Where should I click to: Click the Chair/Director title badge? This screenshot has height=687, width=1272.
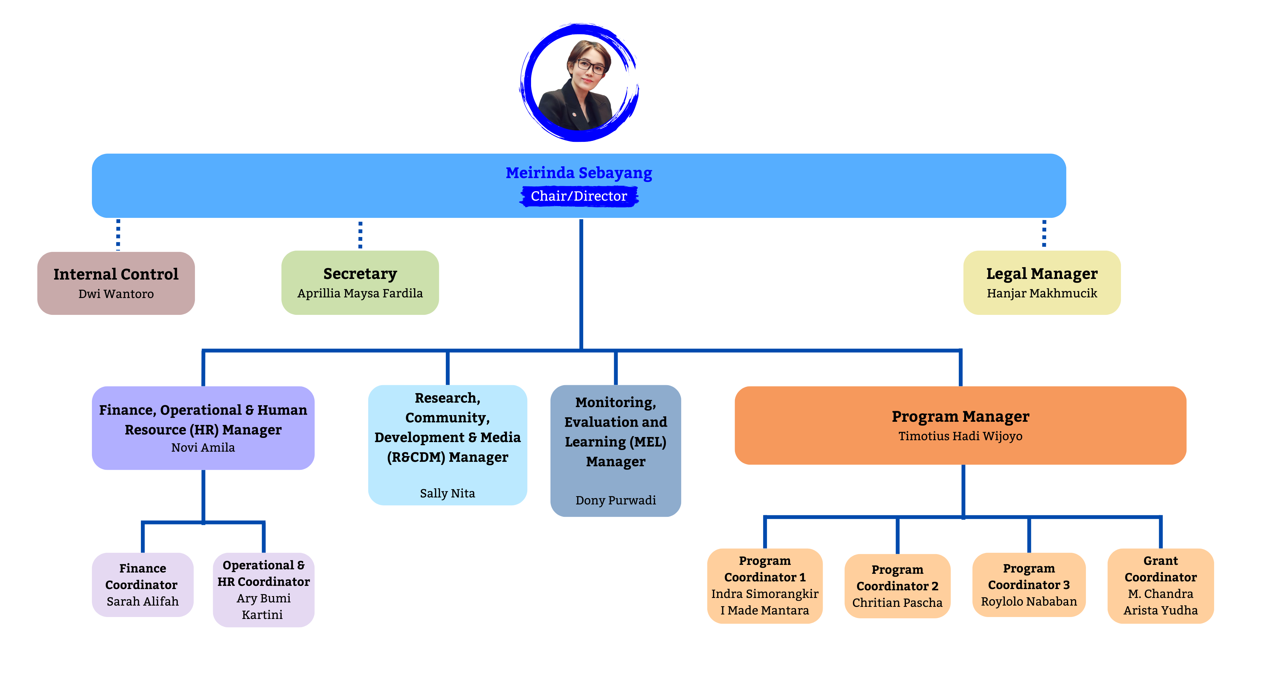(579, 196)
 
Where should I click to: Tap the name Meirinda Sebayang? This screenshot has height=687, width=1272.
(579, 173)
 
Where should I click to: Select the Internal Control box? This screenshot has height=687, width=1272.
(116, 283)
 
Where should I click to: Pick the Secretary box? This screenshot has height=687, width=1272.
(360, 282)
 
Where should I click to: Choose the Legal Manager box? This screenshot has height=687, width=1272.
(1042, 282)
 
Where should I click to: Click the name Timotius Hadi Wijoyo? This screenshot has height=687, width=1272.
(960, 436)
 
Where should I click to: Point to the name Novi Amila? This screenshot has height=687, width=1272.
(203, 448)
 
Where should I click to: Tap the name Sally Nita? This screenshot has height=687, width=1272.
(447, 493)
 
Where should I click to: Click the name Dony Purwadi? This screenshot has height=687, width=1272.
(616, 500)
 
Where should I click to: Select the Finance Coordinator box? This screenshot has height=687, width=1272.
(143, 585)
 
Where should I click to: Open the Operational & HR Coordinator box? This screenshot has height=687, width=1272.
(264, 590)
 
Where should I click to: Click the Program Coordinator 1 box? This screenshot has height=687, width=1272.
(765, 586)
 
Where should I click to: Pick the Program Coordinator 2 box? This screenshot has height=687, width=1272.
(897, 586)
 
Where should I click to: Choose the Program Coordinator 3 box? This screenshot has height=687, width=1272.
(1028, 585)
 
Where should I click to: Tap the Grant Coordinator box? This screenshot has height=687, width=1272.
(1160, 586)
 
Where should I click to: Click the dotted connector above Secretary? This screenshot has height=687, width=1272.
(361, 235)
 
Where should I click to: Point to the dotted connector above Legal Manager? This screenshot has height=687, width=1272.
(1044, 233)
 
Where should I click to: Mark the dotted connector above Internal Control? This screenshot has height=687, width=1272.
(118, 235)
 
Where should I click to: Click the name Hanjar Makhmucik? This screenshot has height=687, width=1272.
(1042, 293)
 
